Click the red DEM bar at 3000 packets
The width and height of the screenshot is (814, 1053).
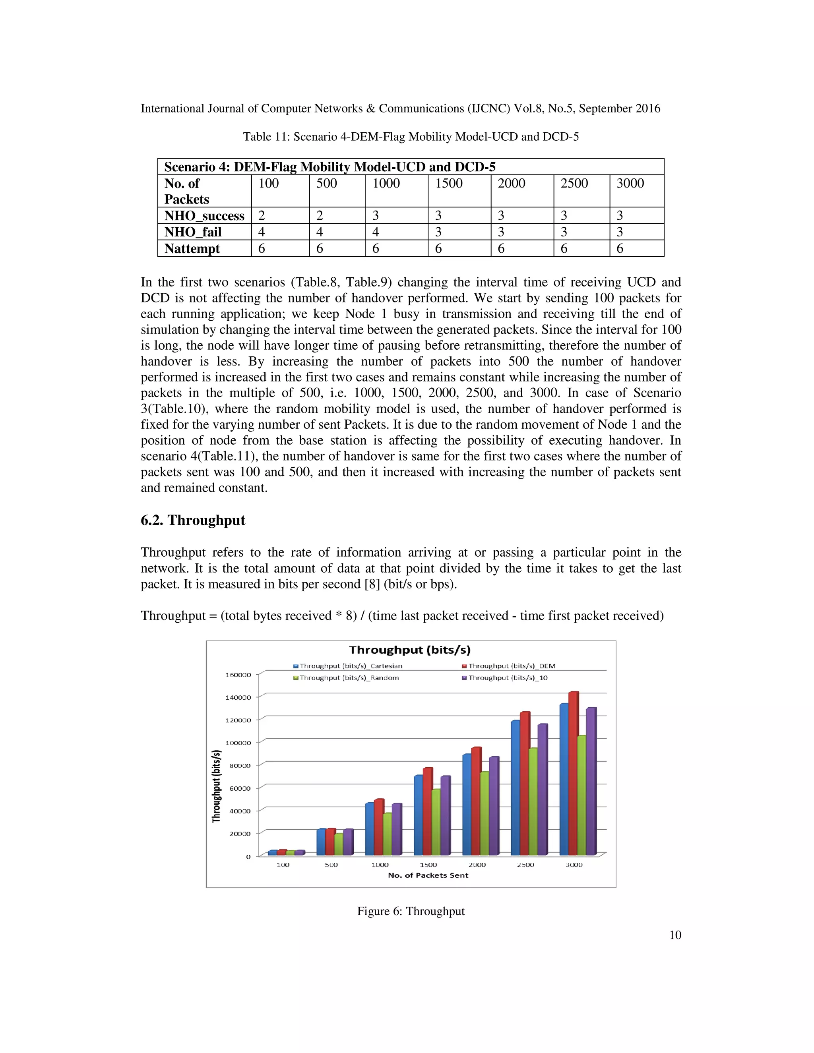pos(574,774)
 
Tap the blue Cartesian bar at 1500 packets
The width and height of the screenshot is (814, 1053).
pos(418,816)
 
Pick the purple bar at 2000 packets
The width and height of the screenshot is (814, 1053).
pos(494,807)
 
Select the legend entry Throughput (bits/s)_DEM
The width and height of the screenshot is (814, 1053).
pos(512,666)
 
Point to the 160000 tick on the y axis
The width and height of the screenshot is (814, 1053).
pos(238,675)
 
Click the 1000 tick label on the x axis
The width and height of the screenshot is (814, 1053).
pos(380,865)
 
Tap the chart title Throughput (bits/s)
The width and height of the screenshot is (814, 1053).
pos(409,650)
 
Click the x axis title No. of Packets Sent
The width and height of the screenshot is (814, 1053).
pos(428,875)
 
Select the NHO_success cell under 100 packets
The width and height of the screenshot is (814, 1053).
pos(262,215)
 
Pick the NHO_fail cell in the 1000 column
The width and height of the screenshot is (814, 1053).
pos(376,232)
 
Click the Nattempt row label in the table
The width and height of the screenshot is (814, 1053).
pos(192,248)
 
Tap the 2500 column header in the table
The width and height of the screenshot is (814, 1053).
pos(574,183)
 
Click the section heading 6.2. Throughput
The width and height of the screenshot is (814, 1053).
pos(193,520)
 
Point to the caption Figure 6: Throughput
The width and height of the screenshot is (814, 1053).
pos(410,911)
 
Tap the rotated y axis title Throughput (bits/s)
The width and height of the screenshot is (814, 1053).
pos(217,786)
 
